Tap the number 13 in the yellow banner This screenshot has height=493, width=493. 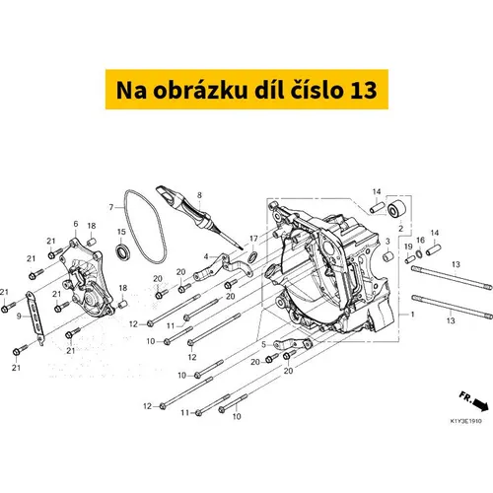point(363,91)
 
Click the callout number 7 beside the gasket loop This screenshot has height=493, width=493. point(111,207)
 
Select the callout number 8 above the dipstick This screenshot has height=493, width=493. point(199,195)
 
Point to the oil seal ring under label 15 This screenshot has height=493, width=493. point(123,251)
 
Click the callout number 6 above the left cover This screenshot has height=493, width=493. point(76,224)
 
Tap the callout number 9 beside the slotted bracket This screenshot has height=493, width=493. point(19,317)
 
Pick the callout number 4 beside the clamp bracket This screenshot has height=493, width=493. point(206,256)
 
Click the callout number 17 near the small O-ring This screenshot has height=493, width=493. point(253,239)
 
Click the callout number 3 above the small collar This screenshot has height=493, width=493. point(387,242)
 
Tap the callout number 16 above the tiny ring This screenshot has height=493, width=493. point(421,241)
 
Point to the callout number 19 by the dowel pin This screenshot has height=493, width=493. point(408,246)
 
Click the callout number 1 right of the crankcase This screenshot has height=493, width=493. point(412,315)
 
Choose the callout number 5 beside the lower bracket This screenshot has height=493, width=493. point(263,345)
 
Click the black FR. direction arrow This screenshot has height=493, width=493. point(480,406)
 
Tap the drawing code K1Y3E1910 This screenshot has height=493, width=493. point(465,421)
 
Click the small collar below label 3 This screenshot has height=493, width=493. point(388,256)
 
